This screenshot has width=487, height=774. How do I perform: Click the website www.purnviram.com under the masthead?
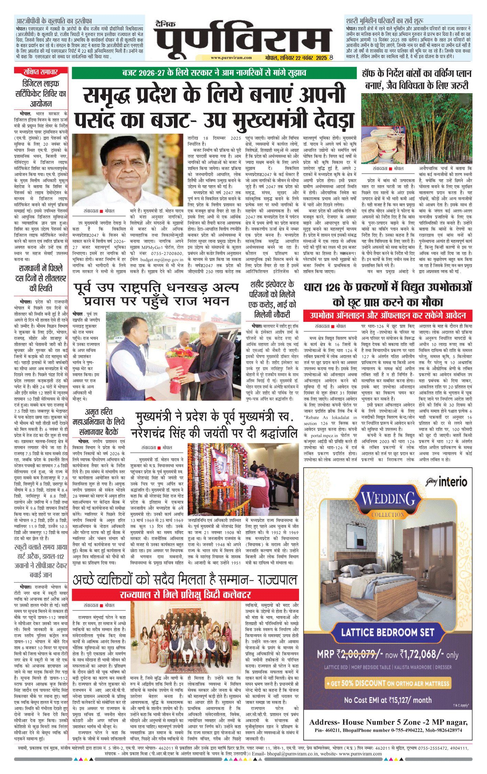[x=231, y=58]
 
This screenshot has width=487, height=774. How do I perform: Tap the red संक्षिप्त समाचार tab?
[x=41, y=72]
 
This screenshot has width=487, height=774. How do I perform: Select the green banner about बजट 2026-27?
[x=214, y=73]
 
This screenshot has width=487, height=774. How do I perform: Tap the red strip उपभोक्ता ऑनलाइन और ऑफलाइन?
[x=388, y=315]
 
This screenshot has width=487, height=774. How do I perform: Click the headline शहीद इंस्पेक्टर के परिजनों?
[x=272, y=299]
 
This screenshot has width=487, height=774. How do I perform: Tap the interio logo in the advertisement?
[x=447, y=482]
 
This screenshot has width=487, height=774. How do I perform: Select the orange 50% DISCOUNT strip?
[x=388, y=683]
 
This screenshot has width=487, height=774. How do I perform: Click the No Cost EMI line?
[x=388, y=700]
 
